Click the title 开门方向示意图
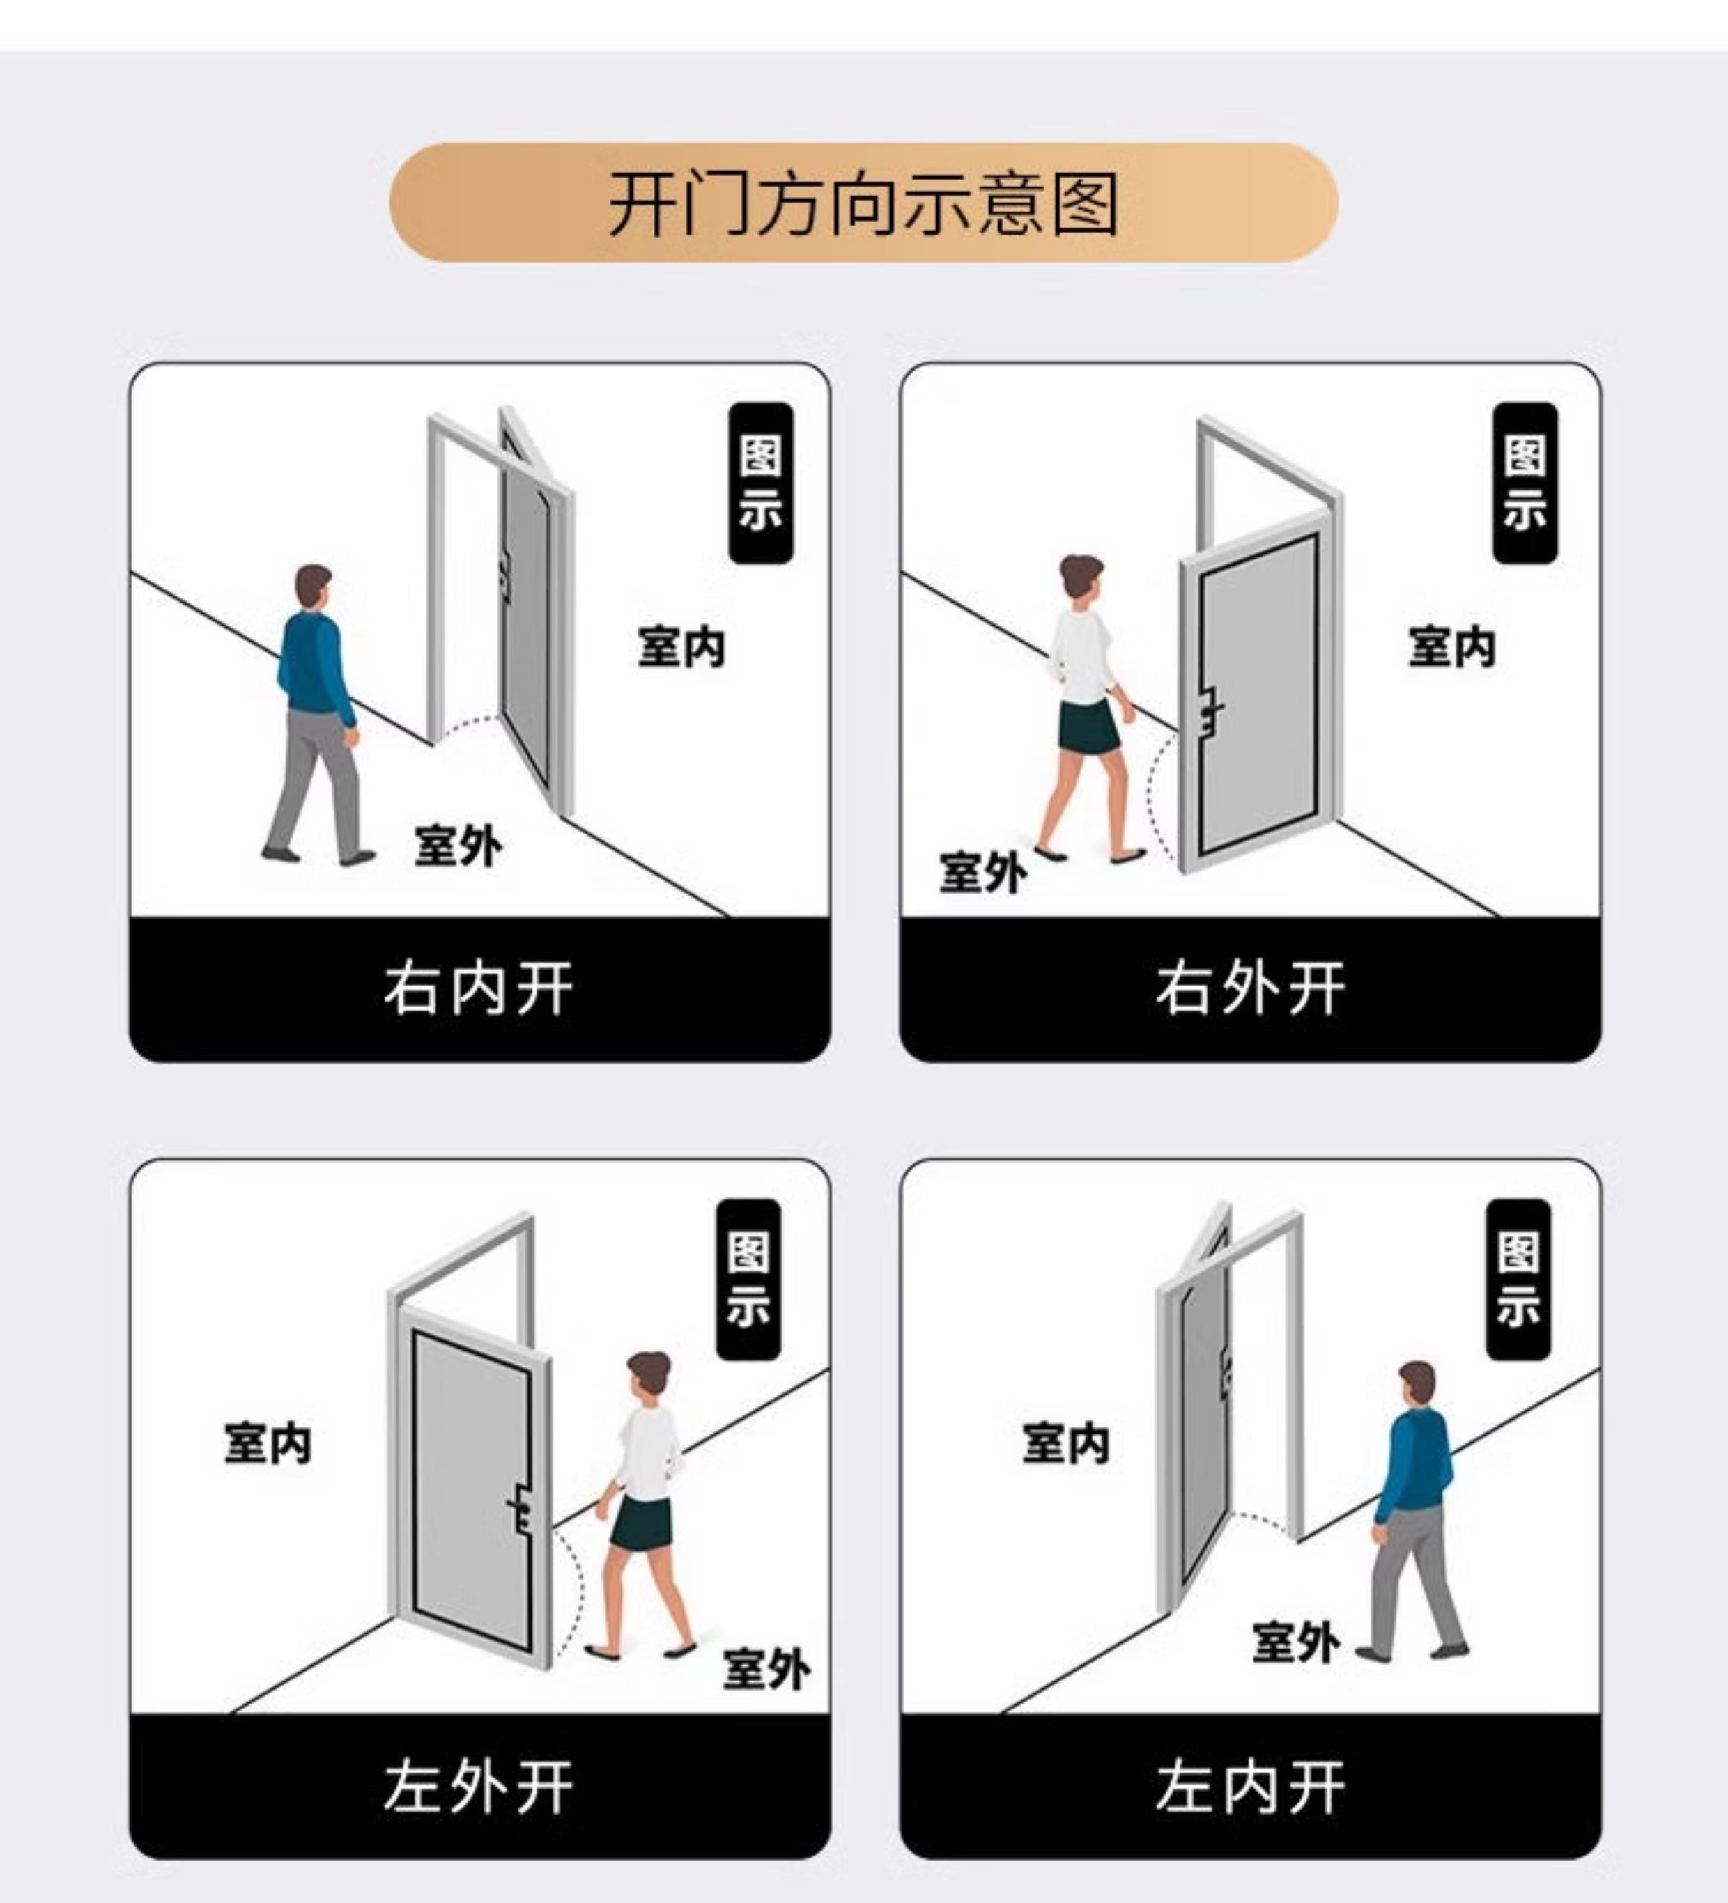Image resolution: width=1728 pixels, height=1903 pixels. coord(863,203)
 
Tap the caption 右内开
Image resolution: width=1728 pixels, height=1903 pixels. coord(479,989)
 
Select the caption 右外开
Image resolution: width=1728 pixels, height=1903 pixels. coord(1249,989)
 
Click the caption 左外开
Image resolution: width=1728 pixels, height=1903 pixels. coord(479,1787)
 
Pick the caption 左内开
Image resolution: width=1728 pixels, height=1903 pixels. coord(1249,1787)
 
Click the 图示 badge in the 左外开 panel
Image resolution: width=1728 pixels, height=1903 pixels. coord(748,1279)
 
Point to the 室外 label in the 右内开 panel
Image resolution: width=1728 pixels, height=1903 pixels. coord(458,845)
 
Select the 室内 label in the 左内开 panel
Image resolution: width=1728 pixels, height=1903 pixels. coord(1065,1443)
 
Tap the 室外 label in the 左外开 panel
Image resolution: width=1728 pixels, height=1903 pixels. coord(766,1669)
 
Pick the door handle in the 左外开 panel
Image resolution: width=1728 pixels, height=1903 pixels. coord(520,1507)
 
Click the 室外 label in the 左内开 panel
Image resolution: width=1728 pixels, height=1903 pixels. coord(1295,1642)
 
